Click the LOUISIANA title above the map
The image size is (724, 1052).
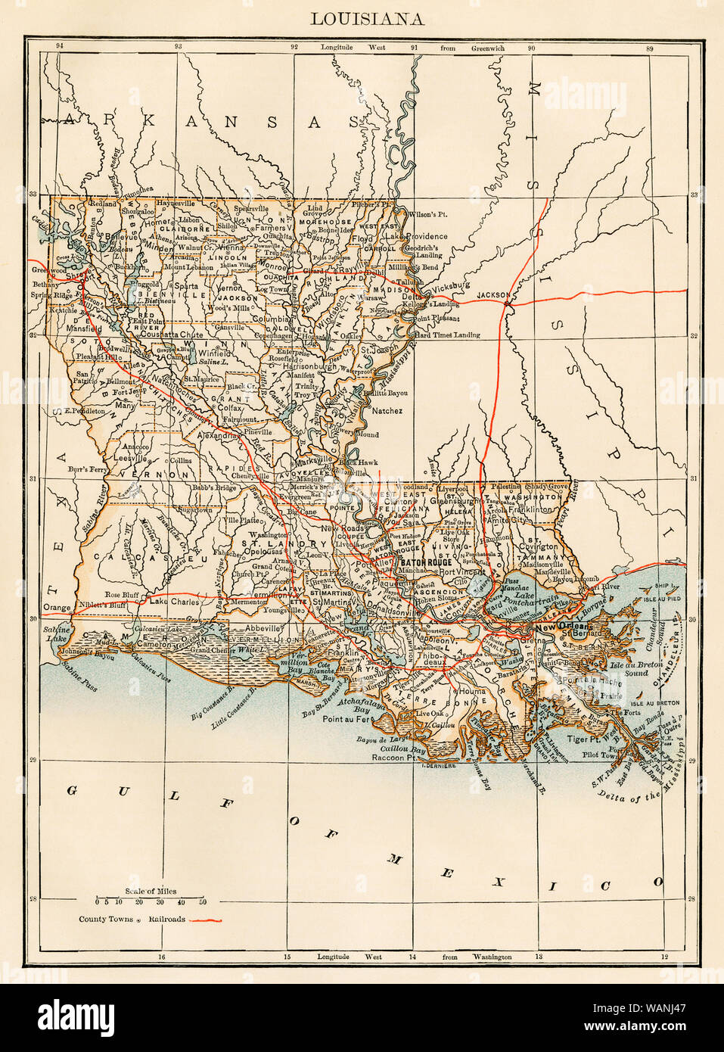click(367, 19)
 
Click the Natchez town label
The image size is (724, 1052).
click(386, 411)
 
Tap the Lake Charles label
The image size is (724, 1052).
click(175, 602)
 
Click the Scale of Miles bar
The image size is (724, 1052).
click(150, 901)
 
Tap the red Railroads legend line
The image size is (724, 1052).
click(205, 920)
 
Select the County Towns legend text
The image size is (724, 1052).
click(106, 920)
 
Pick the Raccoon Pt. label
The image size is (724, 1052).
click(394, 757)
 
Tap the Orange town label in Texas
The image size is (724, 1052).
click(57, 608)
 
